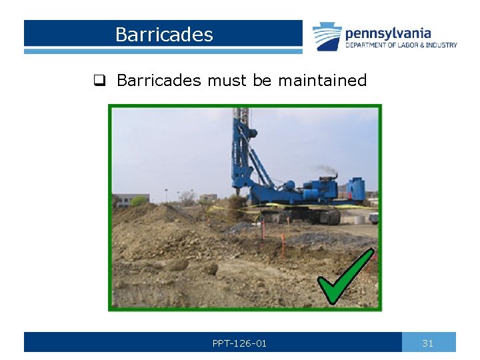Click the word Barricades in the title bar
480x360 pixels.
click(164, 35)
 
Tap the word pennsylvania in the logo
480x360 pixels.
click(387, 33)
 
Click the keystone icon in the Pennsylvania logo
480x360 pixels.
click(327, 37)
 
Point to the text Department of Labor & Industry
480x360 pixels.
click(401, 45)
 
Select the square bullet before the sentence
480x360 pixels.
click(99, 81)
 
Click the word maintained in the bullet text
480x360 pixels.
click(322, 81)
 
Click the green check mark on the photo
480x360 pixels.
click(344, 277)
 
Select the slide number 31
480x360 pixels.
click(428, 343)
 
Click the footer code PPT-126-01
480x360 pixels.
click(239, 343)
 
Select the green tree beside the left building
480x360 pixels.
click(139, 201)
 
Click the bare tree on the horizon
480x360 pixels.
click(187, 197)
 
